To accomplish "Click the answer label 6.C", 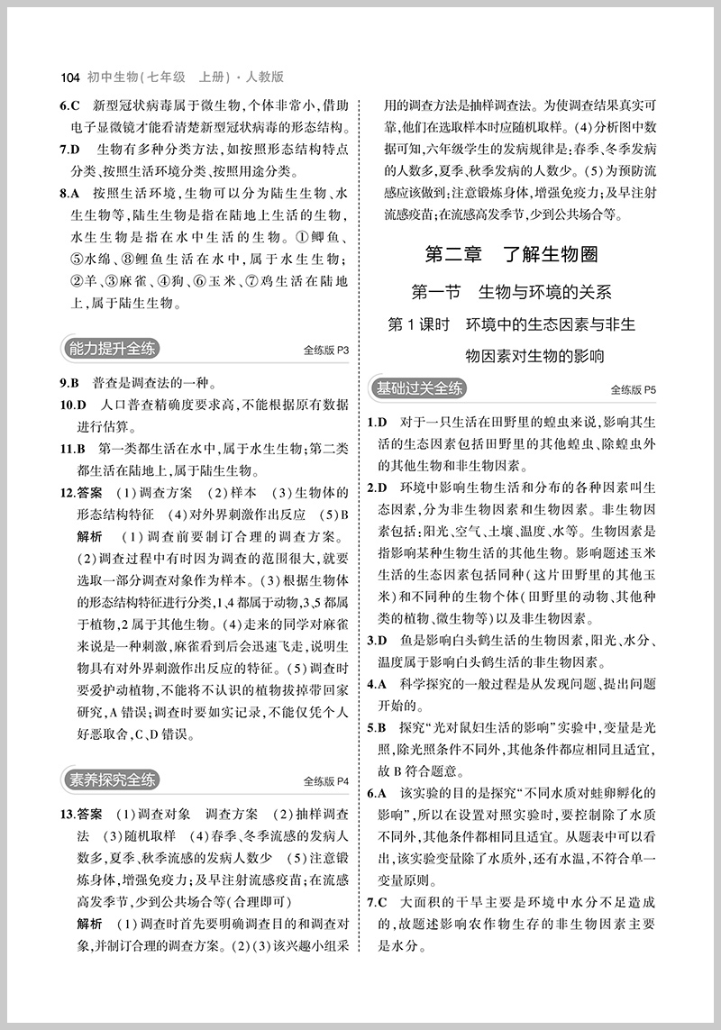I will (x=71, y=105).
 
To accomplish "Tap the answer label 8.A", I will (x=71, y=193).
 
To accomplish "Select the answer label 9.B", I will (x=71, y=381).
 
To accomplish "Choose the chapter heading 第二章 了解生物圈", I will (x=511, y=254).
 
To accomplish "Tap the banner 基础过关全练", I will (x=421, y=388).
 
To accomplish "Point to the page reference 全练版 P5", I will (x=633, y=390).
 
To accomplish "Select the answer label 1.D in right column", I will (x=378, y=423).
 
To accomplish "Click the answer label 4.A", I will (x=378, y=684).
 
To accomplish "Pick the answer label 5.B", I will (x=378, y=727).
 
